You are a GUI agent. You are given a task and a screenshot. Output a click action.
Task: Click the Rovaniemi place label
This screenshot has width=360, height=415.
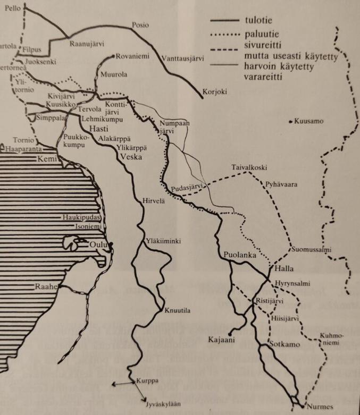tap(133, 56)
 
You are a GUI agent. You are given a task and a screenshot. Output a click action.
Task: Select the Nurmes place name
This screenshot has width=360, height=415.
tap(320, 407)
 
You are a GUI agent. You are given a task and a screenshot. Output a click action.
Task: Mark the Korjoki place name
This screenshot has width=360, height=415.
tap(215, 92)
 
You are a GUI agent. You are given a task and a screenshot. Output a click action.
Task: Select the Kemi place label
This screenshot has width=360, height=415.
tap(46, 158)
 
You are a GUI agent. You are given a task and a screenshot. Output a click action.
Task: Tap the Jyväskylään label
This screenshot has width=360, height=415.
tap(163, 404)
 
